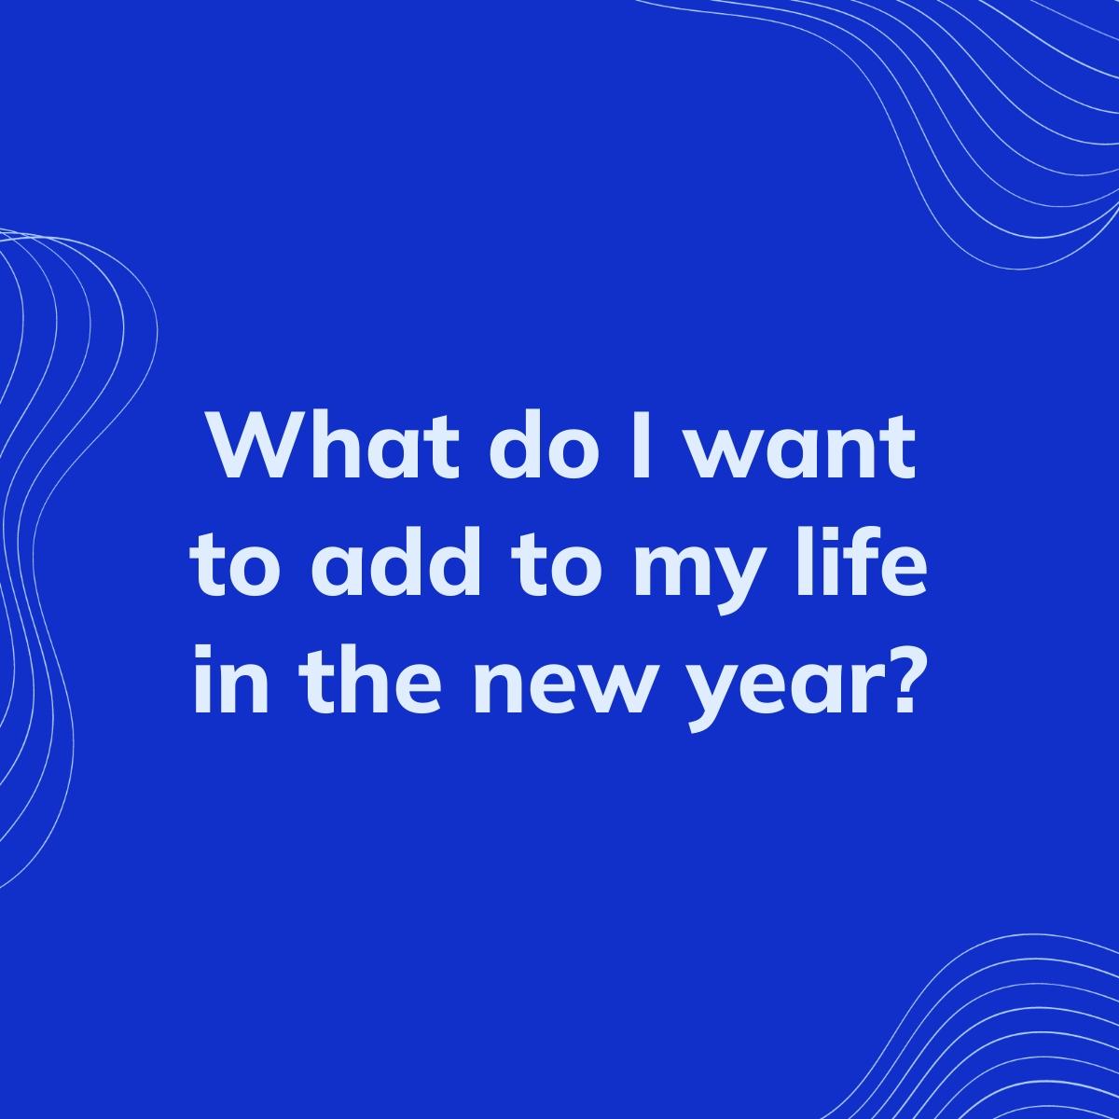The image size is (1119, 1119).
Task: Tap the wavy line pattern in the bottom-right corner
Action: point(1007,1035)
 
